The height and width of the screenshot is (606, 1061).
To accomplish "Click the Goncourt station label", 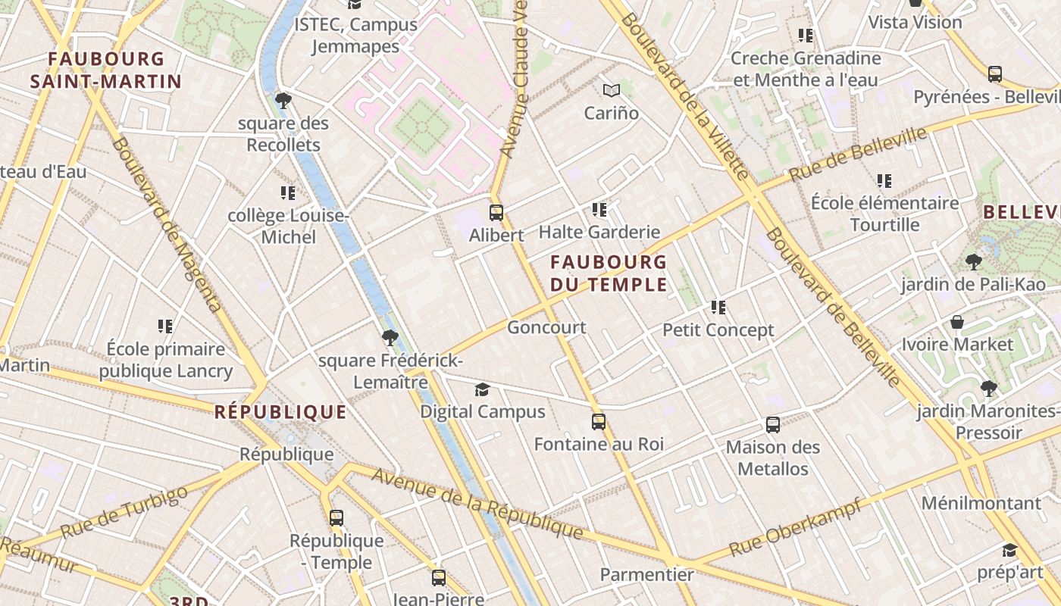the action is click(x=546, y=327).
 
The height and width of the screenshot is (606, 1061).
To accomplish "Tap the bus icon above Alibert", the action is click(x=496, y=213).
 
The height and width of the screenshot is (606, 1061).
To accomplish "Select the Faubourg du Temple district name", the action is click(x=609, y=273).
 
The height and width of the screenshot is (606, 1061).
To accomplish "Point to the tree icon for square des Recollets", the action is click(x=283, y=100).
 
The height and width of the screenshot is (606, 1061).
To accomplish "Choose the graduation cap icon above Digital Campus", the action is click(x=482, y=389).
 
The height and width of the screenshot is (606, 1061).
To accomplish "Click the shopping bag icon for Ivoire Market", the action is click(x=957, y=322).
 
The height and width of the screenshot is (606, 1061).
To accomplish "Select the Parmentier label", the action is click(x=646, y=575).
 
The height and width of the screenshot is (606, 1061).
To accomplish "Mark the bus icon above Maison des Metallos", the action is click(x=773, y=425).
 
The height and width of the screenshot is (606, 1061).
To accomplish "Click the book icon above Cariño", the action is click(x=612, y=91).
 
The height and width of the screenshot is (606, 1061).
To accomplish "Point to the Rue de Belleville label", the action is click(x=858, y=155).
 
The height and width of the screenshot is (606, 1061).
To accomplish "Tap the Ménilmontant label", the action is click(x=981, y=503).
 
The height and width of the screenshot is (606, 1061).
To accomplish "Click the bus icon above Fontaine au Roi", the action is click(x=599, y=422).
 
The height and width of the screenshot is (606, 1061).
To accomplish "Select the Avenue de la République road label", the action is click(x=477, y=504).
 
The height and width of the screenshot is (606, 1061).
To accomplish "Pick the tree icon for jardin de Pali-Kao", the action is click(x=974, y=262).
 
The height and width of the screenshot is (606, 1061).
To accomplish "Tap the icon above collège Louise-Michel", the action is click(x=288, y=193).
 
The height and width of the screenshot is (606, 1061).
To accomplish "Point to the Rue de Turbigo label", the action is click(x=124, y=513).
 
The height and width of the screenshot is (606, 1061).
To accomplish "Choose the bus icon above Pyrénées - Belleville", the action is click(x=995, y=74).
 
